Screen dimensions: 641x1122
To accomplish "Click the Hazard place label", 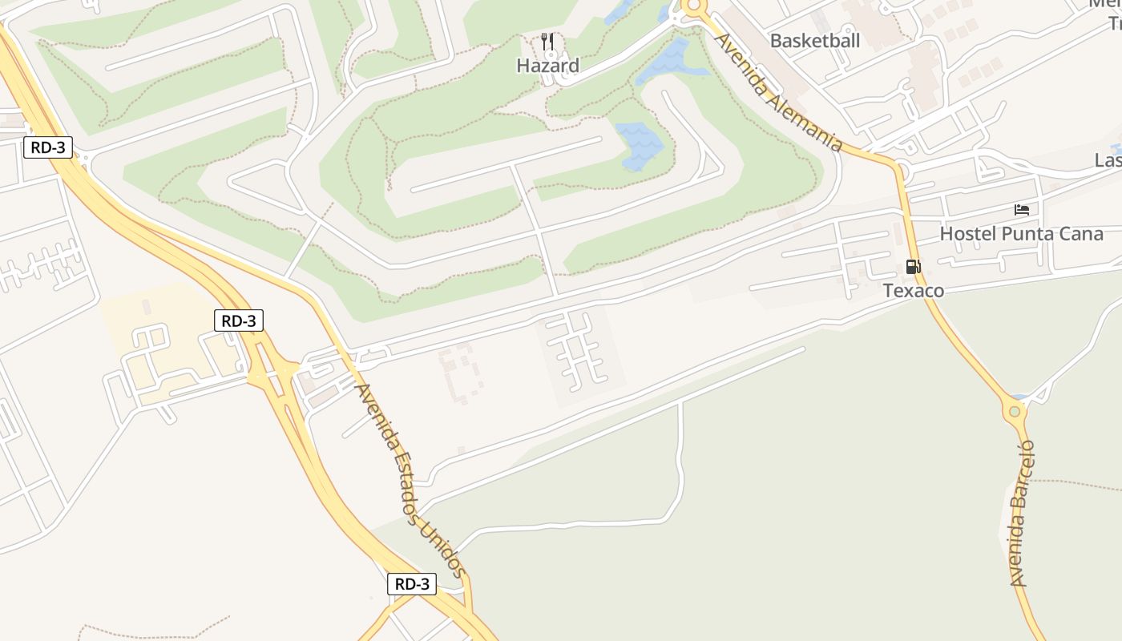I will click(547, 66).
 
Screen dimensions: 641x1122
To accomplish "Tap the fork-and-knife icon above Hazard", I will click(548, 42).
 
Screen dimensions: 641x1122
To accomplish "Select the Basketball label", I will click(814, 40).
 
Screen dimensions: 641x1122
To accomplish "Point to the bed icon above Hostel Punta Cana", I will click(1022, 211).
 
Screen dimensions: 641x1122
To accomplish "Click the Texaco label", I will click(914, 290).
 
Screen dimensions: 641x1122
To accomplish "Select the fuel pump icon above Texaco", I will click(913, 267).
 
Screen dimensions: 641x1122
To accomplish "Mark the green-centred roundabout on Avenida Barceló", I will click(1015, 412).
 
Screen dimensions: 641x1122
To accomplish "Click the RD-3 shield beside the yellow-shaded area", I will click(239, 320).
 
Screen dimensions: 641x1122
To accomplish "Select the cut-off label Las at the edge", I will click(1108, 160).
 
